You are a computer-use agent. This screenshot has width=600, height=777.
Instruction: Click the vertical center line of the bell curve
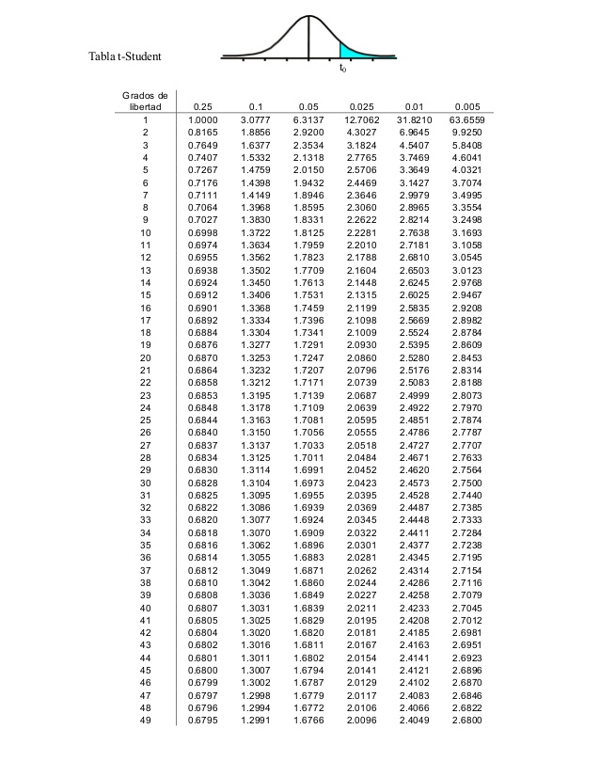(309, 37)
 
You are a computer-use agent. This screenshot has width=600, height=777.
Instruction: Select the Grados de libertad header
(146, 102)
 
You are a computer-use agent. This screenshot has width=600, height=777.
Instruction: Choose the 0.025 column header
(361, 107)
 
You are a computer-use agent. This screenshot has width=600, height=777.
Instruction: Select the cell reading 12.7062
(361, 120)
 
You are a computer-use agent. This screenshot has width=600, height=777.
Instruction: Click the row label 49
(146, 721)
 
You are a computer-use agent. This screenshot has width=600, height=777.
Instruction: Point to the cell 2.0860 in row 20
(361, 359)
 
